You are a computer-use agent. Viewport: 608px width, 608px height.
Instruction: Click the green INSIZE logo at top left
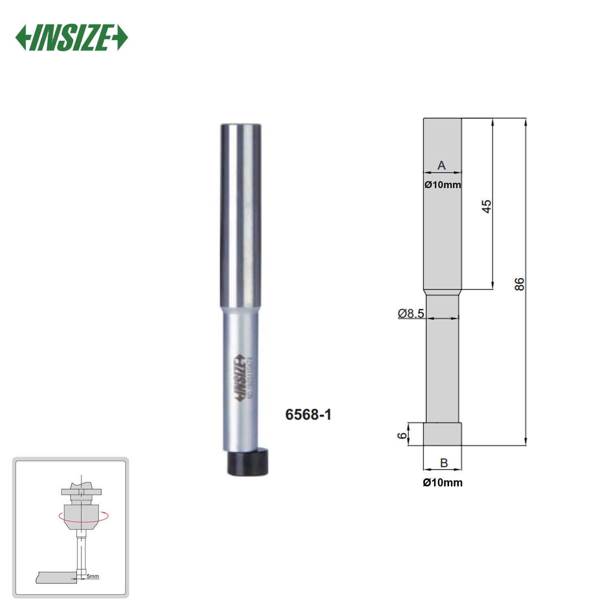tap(71, 38)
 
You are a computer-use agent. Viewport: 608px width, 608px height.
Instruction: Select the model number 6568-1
tap(308, 415)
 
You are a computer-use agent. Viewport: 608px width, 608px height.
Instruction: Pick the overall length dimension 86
tap(519, 284)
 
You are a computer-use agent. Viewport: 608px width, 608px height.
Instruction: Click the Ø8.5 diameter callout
tap(411, 313)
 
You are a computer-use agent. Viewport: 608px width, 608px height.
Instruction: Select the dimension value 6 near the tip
tap(402, 435)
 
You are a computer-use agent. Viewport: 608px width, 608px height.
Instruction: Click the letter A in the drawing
tap(441, 165)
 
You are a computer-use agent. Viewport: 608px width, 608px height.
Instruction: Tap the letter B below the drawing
tap(444, 462)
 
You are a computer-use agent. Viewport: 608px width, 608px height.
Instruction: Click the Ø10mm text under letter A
tap(443, 185)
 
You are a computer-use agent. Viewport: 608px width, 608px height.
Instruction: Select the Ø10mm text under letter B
tap(443, 482)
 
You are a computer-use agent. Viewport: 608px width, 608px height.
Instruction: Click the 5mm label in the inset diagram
tap(93, 576)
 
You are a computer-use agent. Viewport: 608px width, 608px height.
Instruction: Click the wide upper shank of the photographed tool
tap(241, 215)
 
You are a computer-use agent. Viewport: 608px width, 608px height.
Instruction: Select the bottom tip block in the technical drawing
tap(442, 434)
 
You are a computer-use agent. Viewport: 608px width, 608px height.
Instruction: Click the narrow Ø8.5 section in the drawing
tap(442, 365)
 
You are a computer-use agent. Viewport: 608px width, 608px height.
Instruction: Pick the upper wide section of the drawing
tap(442, 235)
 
